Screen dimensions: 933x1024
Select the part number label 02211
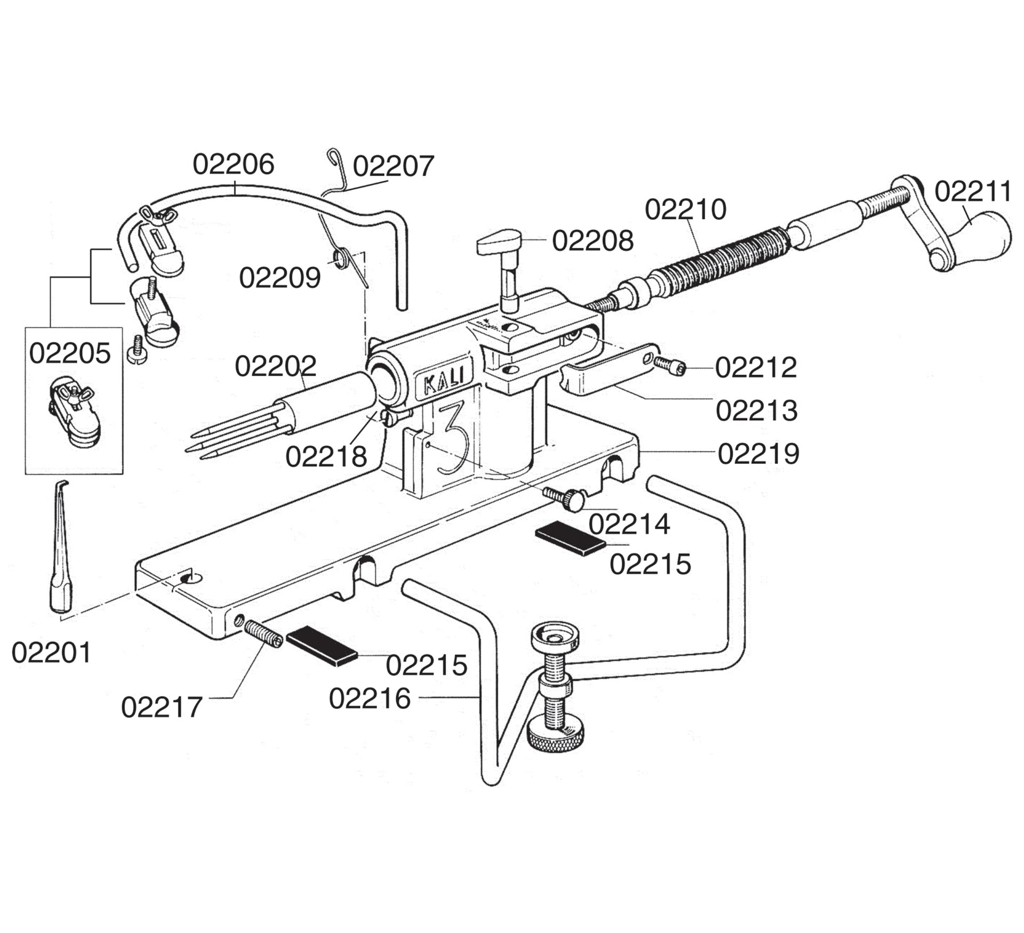tap(973, 191)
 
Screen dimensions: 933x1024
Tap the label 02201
tap(51, 653)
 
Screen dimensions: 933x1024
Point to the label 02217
tap(162, 707)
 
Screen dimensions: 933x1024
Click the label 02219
tap(758, 454)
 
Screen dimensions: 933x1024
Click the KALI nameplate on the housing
tap(442, 380)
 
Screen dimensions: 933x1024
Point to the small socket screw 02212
tap(670, 365)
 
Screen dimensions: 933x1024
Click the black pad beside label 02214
tap(570, 539)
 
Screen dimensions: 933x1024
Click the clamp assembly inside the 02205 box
tap(74, 411)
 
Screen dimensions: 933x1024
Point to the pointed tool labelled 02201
tap(60, 554)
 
